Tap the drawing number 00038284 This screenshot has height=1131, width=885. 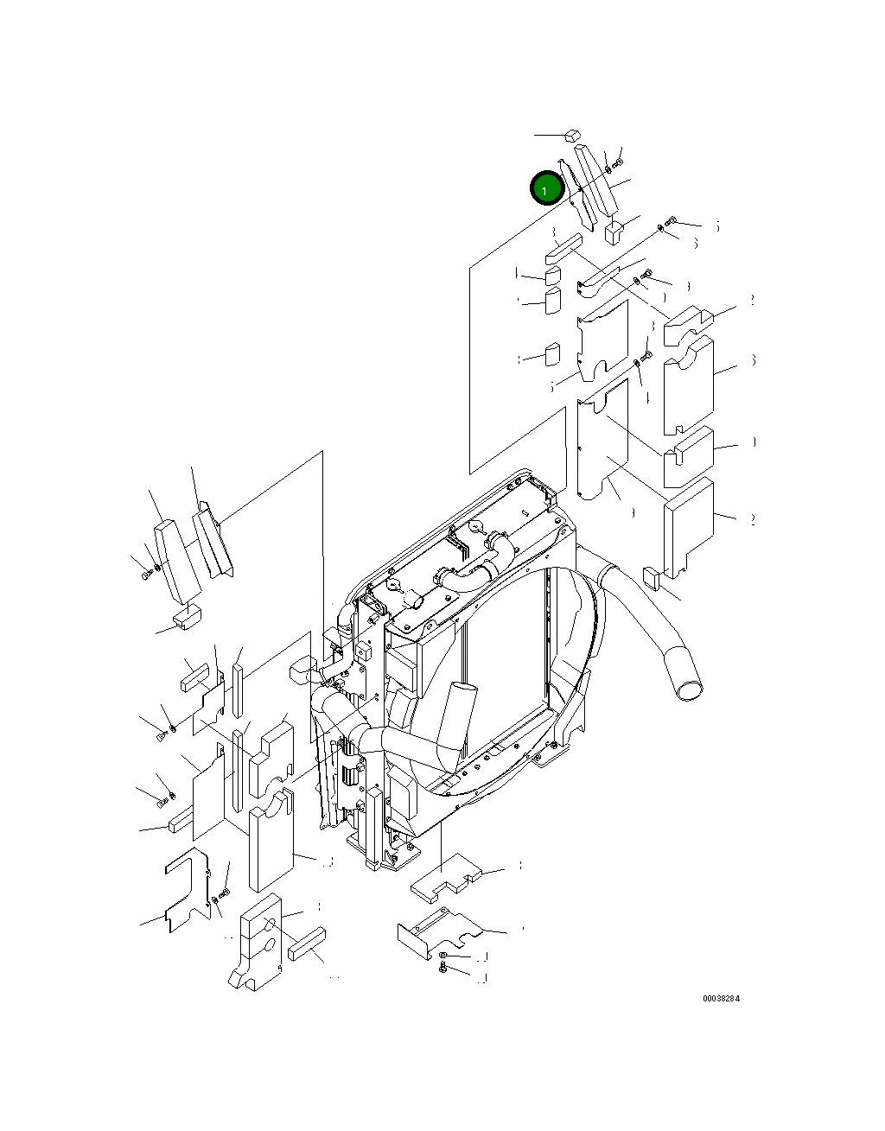tap(721, 999)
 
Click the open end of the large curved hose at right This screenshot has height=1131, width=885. tap(688, 689)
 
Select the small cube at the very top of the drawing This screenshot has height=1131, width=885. tap(570, 134)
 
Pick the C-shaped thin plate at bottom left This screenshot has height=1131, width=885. tap(186, 890)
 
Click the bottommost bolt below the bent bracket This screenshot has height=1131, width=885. tap(442, 969)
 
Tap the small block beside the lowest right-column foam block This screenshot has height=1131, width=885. tap(653, 577)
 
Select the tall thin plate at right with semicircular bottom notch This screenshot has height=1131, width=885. tap(602, 441)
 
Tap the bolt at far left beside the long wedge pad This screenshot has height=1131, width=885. tap(143, 573)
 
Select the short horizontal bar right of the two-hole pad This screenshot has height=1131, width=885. tap(306, 944)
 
